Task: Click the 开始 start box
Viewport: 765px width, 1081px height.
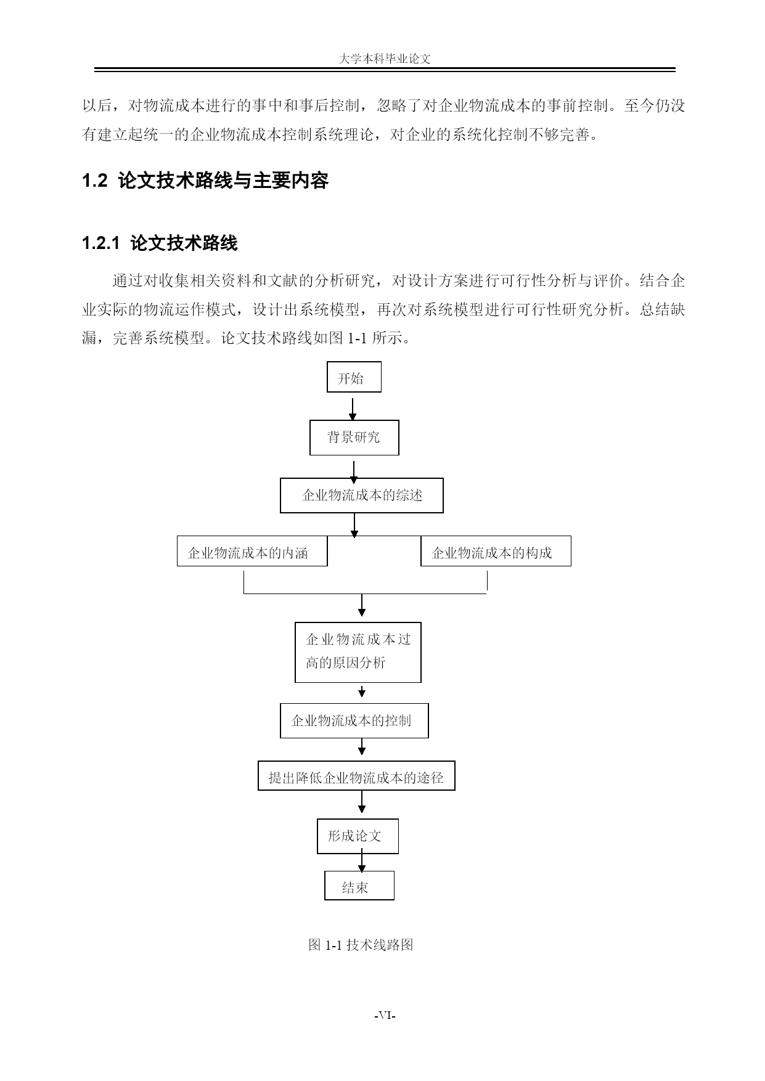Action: pos(354,377)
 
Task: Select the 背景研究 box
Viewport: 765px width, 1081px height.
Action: pos(354,438)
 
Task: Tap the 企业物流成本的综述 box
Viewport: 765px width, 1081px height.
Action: pos(362,495)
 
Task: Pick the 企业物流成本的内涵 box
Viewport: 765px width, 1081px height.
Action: pos(252,551)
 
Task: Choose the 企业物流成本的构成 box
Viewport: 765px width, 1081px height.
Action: pos(496,551)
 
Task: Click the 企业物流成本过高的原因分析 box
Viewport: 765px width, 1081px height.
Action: pos(358,652)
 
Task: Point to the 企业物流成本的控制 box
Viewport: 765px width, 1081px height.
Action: pos(354,720)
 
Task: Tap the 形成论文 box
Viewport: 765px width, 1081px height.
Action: pos(358,836)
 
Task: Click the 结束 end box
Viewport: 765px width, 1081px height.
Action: pos(359,885)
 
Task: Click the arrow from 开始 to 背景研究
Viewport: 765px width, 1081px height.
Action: pos(353,409)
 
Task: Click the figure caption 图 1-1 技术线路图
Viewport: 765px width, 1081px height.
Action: pos(361,945)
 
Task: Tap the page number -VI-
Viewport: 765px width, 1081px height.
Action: pos(385,1016)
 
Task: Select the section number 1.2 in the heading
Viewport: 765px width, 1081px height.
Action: pos(95,181)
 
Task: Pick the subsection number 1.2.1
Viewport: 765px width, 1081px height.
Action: pos(100,243)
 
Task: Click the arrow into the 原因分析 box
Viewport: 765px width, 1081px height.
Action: pos(362,605)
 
